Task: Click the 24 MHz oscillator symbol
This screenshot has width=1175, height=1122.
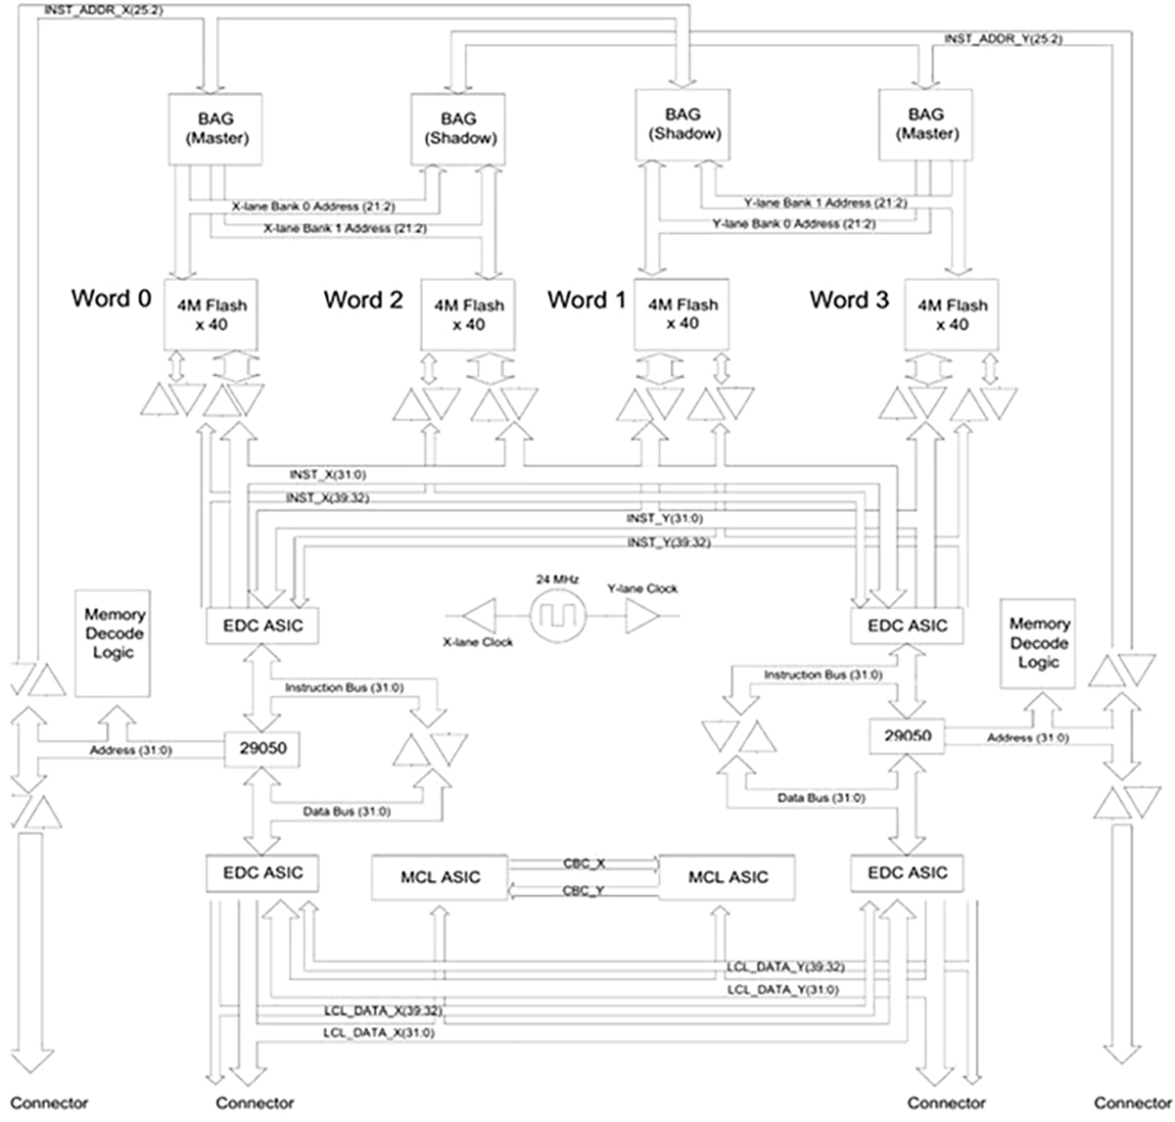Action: [x=555, y=616]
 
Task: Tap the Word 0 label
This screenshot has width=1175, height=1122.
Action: [x=111, y=298]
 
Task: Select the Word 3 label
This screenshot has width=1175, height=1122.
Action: [x=849, y=300]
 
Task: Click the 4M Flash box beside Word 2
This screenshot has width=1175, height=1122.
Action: [x=469, y=314]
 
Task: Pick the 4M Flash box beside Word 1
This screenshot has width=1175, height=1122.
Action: [x=682, y=313]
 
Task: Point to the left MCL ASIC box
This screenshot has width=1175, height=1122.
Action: [x=441, y=877]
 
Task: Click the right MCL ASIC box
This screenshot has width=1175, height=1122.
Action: [x=728, y=877]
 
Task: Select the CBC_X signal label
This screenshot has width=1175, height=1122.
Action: [x=584, y=864]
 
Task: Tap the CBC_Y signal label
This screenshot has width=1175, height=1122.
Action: [x=584, y=890]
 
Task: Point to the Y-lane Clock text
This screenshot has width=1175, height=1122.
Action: [x=641, y=588]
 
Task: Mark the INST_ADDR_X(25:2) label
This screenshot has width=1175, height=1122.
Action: [x=98, y=11]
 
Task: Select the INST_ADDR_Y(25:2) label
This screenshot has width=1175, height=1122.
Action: [x=1003, y=39]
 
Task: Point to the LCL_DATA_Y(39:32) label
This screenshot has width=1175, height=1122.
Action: [x=785, y=966]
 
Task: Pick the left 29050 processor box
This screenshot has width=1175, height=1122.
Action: [x=262, y=750]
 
